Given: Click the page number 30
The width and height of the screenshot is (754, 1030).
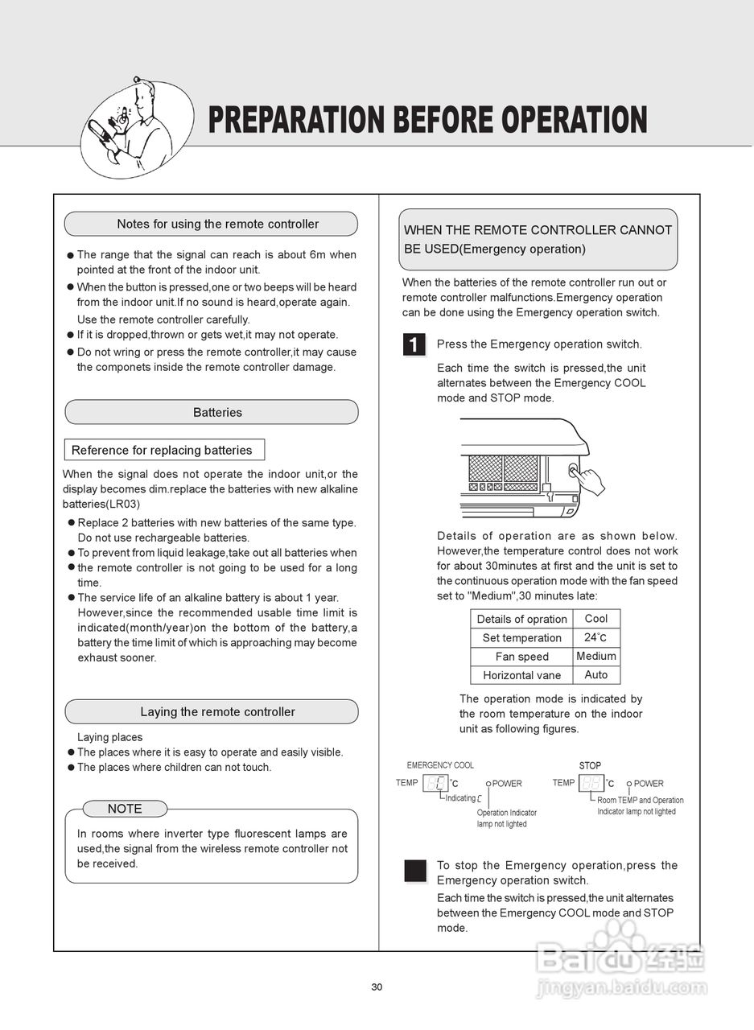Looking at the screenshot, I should click(377, 987).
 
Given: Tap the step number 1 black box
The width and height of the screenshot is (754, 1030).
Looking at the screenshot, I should click(414, 345).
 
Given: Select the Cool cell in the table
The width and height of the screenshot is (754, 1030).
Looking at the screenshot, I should click(596, 618).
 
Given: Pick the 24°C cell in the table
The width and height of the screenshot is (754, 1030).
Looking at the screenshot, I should click(596, 637).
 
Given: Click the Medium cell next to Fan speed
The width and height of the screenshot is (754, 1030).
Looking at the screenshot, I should click(596, 656).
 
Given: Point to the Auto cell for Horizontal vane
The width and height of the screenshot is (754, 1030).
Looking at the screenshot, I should click(596, 674).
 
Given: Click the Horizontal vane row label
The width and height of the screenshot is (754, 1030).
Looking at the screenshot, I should click(521, 675).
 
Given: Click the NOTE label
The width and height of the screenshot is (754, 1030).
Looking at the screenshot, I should click(125, 809).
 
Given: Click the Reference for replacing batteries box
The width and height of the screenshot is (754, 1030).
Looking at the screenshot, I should click(163, 450).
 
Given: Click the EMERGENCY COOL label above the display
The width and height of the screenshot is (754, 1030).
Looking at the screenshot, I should click(440, 765).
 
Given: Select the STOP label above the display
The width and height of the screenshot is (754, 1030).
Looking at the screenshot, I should click(590, 765).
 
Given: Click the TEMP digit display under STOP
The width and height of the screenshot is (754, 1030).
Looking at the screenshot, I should click(591, 783).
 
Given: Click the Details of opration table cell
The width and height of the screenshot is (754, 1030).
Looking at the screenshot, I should click(521, 619).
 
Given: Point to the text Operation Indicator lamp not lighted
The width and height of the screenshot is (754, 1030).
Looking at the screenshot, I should click(506, 818).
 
